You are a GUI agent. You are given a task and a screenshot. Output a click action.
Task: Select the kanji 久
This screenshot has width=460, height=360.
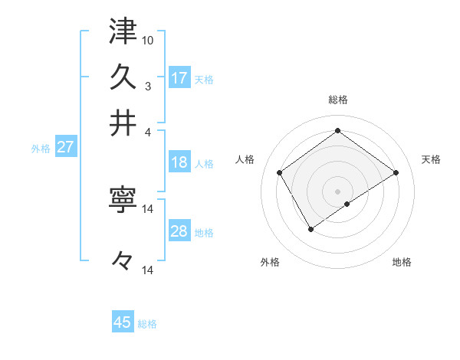123,77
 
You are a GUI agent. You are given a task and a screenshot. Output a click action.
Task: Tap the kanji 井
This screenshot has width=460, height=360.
123,123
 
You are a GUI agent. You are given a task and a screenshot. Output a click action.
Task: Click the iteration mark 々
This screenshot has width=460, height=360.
123,260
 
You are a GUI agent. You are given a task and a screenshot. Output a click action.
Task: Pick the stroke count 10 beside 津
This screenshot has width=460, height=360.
149,39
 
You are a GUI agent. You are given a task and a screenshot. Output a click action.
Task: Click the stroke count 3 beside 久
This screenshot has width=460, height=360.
149,85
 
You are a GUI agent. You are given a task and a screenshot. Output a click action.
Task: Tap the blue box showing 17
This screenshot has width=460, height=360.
179,78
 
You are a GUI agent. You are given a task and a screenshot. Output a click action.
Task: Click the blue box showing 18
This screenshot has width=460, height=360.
179,162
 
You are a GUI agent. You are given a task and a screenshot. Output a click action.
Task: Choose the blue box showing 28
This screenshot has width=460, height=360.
179,231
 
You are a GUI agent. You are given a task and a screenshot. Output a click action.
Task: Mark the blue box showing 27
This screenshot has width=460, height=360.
65,147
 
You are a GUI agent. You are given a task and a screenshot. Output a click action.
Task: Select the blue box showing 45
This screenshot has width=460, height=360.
123,322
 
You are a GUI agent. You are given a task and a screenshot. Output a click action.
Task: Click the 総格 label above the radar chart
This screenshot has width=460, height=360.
338,100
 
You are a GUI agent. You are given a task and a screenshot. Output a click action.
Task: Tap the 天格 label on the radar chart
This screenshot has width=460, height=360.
431,159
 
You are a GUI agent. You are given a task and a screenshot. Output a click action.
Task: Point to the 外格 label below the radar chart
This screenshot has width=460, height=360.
270,263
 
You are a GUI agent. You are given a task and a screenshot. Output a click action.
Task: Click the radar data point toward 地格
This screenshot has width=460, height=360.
347,204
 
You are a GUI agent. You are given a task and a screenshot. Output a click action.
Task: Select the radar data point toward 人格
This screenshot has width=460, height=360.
280,173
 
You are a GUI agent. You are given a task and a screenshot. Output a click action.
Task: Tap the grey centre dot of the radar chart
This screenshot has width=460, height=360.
338,191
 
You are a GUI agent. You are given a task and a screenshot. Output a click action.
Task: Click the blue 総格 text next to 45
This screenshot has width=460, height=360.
147,324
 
